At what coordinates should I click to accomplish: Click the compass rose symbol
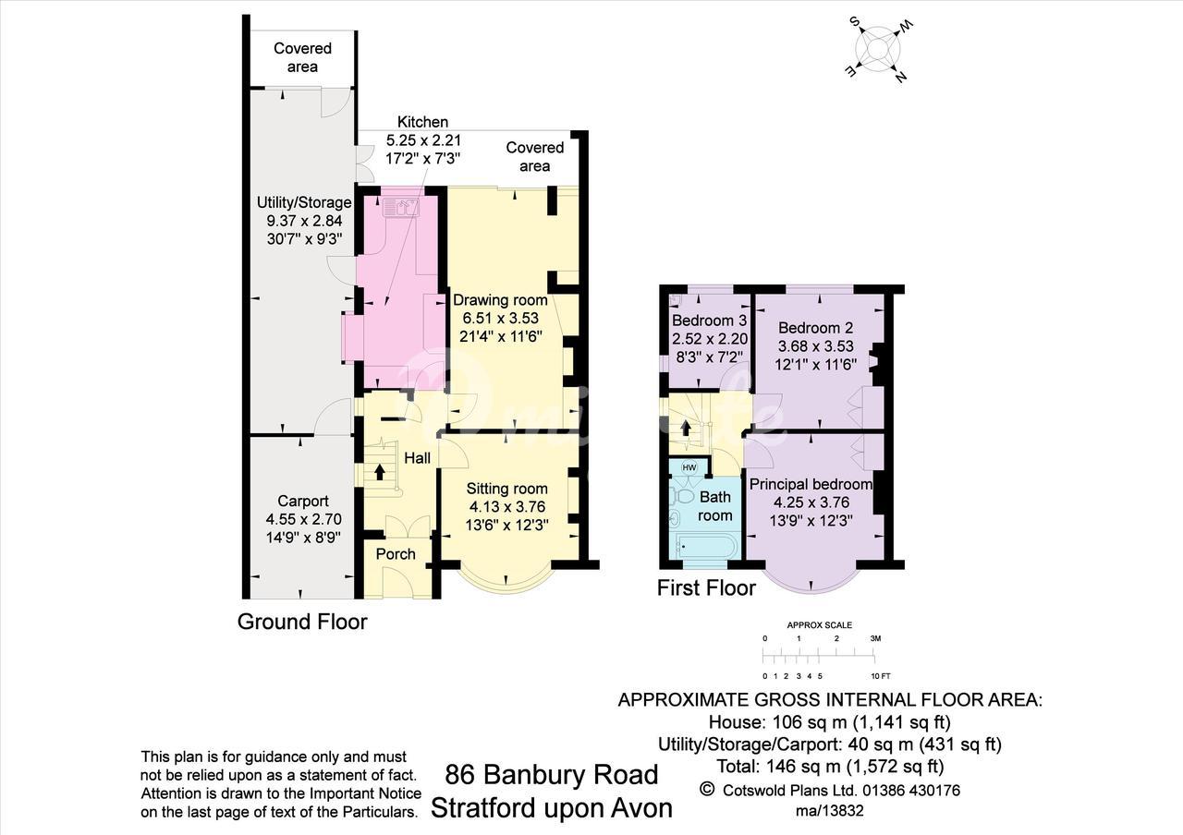click(x=878, y=50)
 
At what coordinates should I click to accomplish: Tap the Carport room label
click(x=303, y=501)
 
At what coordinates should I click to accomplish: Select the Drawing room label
click(x=500, y=300)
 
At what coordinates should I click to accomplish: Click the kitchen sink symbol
click(x=401, y=207)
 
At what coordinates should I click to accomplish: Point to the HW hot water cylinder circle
click(x=689, y=467)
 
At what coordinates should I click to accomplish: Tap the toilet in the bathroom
click(x=682, y=496)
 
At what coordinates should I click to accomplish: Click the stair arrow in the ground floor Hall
click(x=379, y=471)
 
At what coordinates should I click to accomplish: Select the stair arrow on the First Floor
click(x=686, y=427)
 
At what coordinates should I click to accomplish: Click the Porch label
click(x=396, y=554)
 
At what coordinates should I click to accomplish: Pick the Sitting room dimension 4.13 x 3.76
click(x=507, y=507)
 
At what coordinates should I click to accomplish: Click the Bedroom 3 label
click(x=709, y=321)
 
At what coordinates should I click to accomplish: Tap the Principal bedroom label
click(x=811, y=484)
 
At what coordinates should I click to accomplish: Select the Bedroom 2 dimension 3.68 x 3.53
click(x=816, y=346)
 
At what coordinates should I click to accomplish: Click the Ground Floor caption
click(x=302, y=622)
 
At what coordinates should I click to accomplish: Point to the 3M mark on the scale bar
click(x=875, y=638)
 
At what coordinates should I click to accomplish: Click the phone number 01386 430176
click(x=911, y=790)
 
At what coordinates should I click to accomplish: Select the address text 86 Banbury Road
click(x=552, y=775)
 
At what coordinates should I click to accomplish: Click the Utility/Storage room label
click(x=304, y=202)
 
